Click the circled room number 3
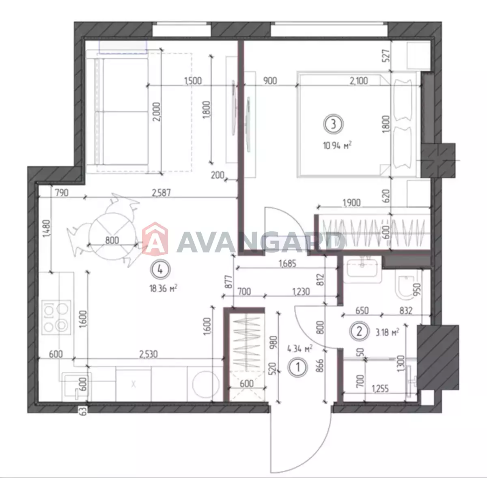coord(333,124)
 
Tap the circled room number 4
coord(160,269)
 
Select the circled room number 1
coord(298,367)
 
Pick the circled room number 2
coord(359,332)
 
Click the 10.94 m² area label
coord(337,145)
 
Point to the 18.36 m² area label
coord(163,288)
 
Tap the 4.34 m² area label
coord(300,349)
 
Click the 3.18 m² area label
coord(387,332)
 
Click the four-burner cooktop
coord(56,317)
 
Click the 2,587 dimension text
coord(161,193)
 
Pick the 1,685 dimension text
coord(287,264)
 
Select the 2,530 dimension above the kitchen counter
coord(149,354)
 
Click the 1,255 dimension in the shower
coord(380,388)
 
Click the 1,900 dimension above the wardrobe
coord(351,202)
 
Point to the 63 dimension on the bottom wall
coord(84,411)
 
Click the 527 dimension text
coord(386,56)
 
